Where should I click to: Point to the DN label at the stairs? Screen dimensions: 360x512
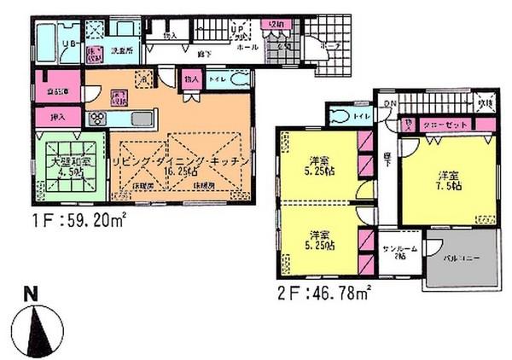click(x=389, y=104)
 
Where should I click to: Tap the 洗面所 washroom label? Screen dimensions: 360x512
click(x=125, y=51)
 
